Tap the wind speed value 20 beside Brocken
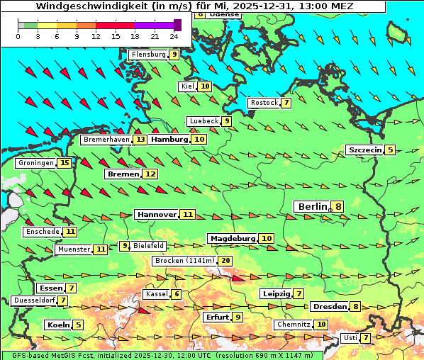point(225,261)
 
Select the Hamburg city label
point(169,140)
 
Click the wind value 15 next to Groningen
point(65,163)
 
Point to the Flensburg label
point(148,55)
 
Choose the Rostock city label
point(264,103)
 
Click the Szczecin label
point(364,150)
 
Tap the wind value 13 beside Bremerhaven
point(140,140)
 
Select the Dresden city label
point(329,307)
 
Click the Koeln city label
point(57,325)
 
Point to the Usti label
point(350,338)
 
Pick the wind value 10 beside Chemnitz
point(322,325)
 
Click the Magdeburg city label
point(232,239)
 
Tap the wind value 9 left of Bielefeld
point(125,246)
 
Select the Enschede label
point(42,232)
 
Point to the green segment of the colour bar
point(29,25)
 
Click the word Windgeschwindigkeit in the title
point(83,6)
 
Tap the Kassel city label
point(156,294)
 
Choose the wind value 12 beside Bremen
point(150,174)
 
